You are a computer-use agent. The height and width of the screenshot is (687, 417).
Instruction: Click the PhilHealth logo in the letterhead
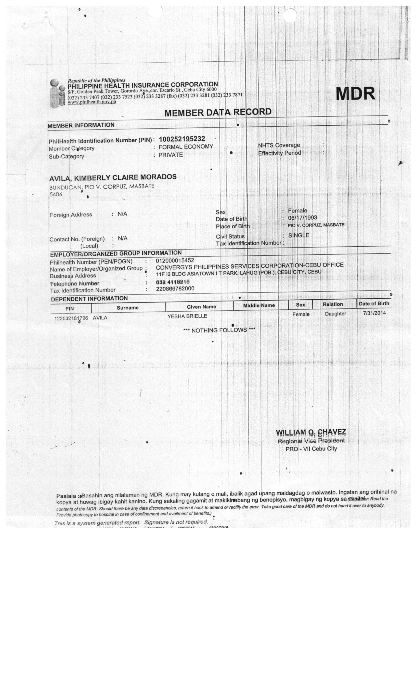tap(57, 93)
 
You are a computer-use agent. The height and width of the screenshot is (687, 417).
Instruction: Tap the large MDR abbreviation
tap(355, 94)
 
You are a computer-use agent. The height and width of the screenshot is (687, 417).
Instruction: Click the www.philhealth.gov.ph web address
tap(92, 102)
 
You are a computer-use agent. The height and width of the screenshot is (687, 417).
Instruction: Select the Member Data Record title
tap(218, 112)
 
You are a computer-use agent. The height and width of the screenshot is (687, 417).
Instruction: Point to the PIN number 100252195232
tap(182, 139)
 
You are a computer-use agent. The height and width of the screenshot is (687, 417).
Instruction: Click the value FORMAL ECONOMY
tap(186, 147)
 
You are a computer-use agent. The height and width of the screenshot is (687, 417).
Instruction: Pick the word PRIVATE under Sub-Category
tap(170, 155)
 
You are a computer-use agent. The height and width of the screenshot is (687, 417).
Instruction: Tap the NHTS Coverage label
tap(279, 145)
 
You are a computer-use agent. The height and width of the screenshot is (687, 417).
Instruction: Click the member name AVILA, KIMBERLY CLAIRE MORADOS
tap(113, 178)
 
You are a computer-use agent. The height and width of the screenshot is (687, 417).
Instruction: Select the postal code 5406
tap(56, 194)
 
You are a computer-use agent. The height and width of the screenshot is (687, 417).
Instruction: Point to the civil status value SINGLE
tap(299, 235)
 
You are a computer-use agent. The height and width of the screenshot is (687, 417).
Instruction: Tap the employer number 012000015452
tap(175, 261)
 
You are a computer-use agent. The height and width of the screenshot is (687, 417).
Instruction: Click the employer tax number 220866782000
tap(175, 289)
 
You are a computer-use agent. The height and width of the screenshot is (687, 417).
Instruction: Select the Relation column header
tap(333, 304)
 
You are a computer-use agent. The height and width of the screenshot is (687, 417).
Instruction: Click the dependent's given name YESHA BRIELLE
tap(187, 316)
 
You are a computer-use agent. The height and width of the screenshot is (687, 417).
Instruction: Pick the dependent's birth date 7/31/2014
tap(374, 313)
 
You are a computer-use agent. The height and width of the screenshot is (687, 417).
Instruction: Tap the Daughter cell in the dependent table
tap(335, 314)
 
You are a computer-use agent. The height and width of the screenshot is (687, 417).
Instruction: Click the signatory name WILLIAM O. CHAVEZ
tap(311, 432)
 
